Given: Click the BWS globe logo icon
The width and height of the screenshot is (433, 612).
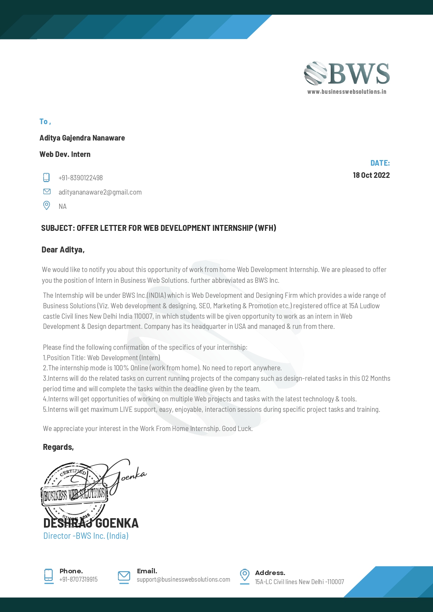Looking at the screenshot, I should coord(315,73).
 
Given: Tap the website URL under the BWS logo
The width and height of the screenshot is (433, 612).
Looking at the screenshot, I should coord(346,92).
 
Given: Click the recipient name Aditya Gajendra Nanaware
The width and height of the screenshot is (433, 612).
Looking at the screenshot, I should coord(82,138).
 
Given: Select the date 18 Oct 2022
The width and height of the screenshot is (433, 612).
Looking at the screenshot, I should coord(371,175).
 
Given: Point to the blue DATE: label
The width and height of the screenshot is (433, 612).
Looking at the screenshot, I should coord(380,163).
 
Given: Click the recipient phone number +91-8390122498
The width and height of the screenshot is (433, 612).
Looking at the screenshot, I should coord(81,178).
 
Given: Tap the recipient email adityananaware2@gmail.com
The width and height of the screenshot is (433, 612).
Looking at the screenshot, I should coord(100,192).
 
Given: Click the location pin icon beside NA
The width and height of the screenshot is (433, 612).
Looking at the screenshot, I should coord(46,205).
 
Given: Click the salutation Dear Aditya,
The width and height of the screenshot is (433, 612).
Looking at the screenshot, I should coord(63,250).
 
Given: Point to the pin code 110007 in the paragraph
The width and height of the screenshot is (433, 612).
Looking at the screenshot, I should coord(143,316).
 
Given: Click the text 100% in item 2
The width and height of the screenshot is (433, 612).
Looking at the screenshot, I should coord(121,368).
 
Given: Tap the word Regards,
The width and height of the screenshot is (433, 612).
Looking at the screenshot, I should coord(58,447).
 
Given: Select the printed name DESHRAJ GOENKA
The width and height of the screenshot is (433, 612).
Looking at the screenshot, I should coord(91,523).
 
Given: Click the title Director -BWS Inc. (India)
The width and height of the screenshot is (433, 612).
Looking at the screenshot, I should coord(86,536).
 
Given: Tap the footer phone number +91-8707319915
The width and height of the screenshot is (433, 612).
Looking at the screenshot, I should coord(79,580).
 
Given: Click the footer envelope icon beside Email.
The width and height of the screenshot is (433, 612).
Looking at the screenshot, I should coord(124,576).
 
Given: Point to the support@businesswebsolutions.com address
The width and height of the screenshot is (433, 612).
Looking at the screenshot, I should coord(184,580).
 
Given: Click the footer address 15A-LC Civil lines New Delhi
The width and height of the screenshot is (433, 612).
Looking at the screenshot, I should coord(299,582).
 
